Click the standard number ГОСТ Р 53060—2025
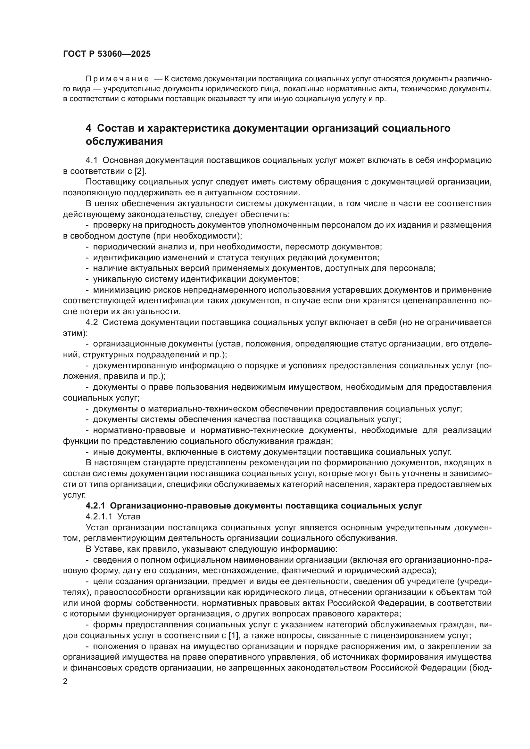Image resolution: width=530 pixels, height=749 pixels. click(107, 54)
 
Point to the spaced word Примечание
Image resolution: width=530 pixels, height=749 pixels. click(117, 79)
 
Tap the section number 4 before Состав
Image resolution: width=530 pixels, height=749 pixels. click(88, 128)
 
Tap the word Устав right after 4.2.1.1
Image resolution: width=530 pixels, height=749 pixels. click(129, 517)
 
